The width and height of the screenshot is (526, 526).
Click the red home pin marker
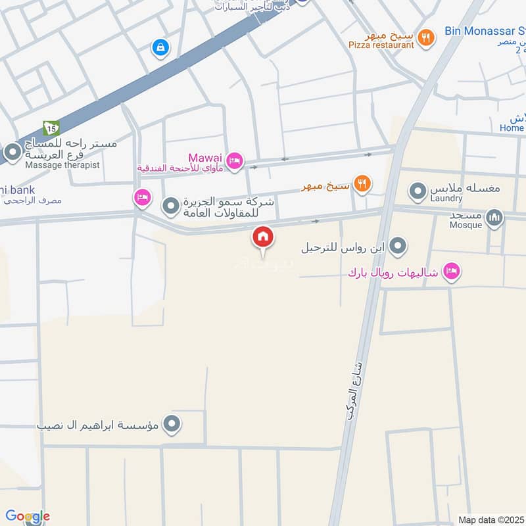pyautogui.click(x=263, y=237)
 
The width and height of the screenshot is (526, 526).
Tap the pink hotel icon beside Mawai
pyautogui.click(x=234, y=160)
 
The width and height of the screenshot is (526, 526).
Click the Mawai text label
pyautogui.click(x=206, y=158)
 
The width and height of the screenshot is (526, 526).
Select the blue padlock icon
pyautogui.click(x=160, y=47)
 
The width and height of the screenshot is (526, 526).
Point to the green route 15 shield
pyautogui.click(x=51, y=128)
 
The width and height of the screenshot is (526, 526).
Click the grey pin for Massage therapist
pyautogui.click(x=12, y=154)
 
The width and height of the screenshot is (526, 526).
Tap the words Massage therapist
pyautogui.click(x=62, y=165)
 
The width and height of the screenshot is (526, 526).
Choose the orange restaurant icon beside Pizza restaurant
pyautogui.click(x=426, y=37)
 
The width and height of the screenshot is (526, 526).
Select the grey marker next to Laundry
pyautogui.click(x=418, y=192)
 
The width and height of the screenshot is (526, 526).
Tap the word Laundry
pyautogui.click(x=448, y=198)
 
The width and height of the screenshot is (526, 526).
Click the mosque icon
pyautogui.click(x=494, y=218)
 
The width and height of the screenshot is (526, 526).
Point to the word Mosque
pyautogui.click(x=466, y=225)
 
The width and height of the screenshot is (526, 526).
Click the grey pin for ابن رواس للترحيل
pyautogui.click(x=397, y=247)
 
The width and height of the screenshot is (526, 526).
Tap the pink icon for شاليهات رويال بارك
pyautogui.click(x=451, y=271)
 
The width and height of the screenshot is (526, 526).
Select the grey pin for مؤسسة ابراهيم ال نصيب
pyautogui.click(x=172, y=424)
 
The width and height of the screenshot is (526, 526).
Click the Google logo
pyautogui.click(x=28, y=516)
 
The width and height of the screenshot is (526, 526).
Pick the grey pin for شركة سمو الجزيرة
pyautogui.click(x=171, y=206)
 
